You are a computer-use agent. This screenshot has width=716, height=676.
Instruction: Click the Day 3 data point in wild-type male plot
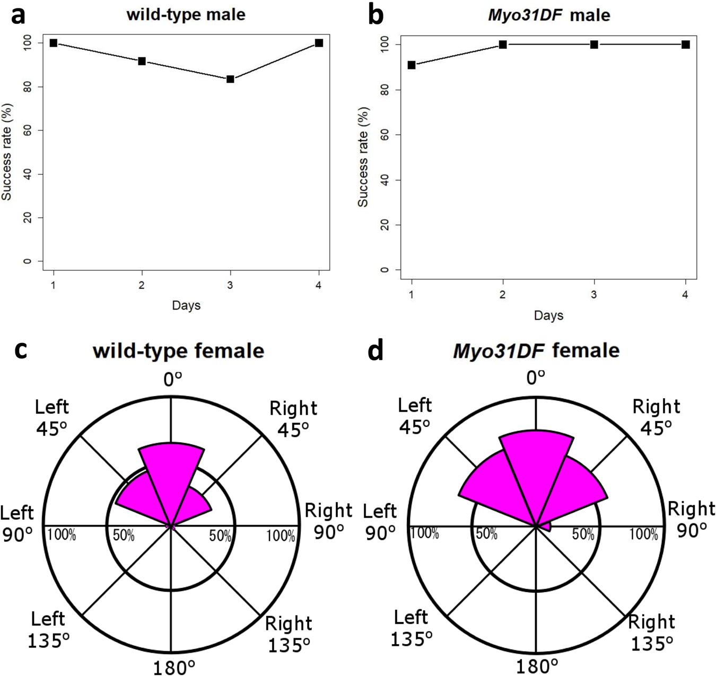click(230, 79)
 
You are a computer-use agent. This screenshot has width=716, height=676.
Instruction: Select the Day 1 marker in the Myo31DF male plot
click(412, 65)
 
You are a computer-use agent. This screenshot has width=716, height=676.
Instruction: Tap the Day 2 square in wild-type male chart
click(142, 62)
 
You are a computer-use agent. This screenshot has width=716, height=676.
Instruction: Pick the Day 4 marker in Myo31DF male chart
click(685, 45)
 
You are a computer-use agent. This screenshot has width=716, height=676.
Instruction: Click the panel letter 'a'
click(19, 16)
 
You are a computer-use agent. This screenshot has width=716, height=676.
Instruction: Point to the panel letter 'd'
click(376, 351)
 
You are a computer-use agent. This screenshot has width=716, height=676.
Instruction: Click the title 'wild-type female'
click(178, 351)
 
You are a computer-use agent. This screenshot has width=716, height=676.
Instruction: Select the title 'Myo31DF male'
click(548, 15)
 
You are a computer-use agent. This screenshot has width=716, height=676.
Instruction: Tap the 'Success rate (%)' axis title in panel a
click(7, 152)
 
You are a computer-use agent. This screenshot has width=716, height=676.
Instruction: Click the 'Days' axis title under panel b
click(548, 315)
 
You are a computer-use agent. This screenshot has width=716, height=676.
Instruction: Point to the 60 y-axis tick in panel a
click(27, 130)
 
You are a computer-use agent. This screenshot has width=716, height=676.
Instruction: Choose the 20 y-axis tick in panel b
click(385, 225)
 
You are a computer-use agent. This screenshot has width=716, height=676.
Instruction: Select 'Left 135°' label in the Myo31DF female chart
click(411, 628)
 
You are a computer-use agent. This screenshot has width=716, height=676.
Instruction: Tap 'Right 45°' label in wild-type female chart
click(293, 419)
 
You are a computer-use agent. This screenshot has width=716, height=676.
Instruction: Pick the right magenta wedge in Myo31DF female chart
click(575, 488)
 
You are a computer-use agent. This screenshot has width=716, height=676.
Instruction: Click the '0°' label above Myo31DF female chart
click(536, 377)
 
